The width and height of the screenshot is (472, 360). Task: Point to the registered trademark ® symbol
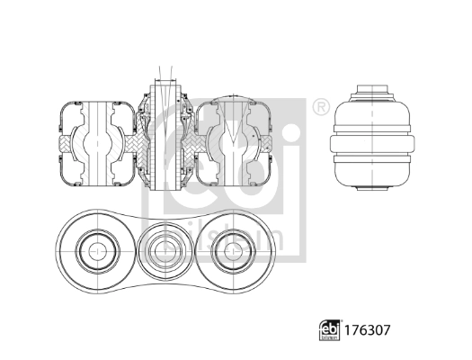[x=319, y=108]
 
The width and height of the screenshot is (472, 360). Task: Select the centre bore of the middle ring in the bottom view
[x=165, y=245]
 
